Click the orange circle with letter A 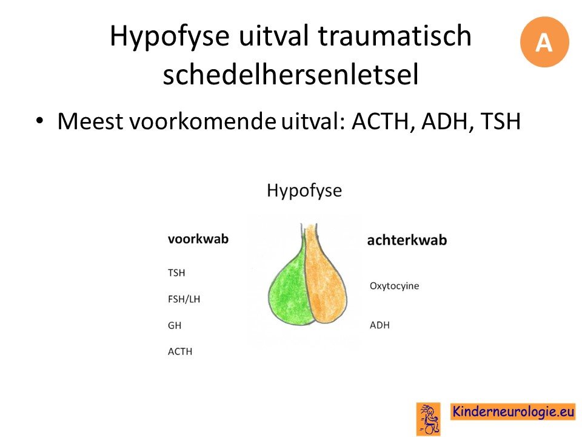(x=544, y=42)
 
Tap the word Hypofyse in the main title (x=169, y=36)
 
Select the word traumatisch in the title (x=395, y=35)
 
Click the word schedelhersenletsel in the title (x=290, y=73)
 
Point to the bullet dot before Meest (x=40, y=120)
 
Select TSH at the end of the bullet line (x=500, y=121)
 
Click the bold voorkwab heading (x=198, y=239)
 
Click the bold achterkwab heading (x=407, y=240)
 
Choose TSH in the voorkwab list (x=176, y=273)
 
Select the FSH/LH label (x=184, y=299)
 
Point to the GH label (x=175, y=325)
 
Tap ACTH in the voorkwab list (x=180, y=351)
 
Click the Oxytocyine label (x=394, y=286)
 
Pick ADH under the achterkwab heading (x=380, y=325)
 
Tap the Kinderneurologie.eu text (x=513, y=412)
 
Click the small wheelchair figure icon (x=429, y=419)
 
